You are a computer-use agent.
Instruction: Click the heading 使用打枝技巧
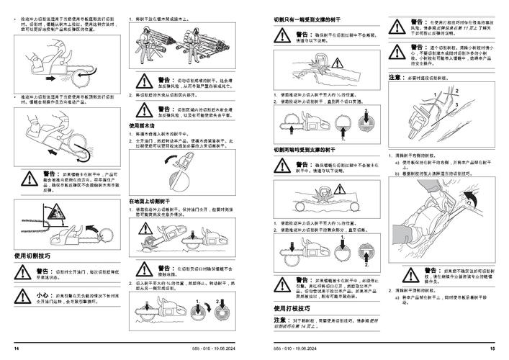(297, 307)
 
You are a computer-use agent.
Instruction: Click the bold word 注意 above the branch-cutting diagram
(395, 76)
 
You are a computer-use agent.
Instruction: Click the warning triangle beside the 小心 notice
(24, 297)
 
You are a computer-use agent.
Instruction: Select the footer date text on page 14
(194, 348)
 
